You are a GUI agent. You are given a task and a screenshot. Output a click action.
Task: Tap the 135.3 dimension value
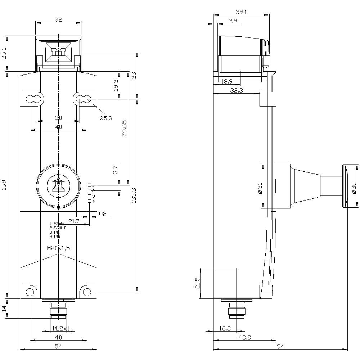pos(134,195)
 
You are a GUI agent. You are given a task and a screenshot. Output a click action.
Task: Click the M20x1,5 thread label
pos(59,248)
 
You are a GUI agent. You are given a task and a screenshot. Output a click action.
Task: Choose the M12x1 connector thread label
pos(61,328)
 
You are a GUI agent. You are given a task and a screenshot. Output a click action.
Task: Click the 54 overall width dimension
pos(58,346)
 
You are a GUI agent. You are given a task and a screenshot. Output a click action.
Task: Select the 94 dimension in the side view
pos(280,346)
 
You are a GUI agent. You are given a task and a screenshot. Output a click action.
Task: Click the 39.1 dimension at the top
pos(241,12)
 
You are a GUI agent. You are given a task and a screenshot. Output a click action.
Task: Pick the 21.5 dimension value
pos(197,283)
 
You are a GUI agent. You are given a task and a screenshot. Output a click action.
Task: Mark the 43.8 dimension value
pos(244,337)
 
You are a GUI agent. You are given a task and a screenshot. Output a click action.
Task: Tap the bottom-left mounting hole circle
pos(30,292)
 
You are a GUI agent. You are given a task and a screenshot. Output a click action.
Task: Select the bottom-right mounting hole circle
pos(87,292)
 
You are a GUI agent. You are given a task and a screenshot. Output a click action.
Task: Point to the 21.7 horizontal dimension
pos(73,221)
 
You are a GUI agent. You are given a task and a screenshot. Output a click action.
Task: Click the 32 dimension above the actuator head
pos(58,20)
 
